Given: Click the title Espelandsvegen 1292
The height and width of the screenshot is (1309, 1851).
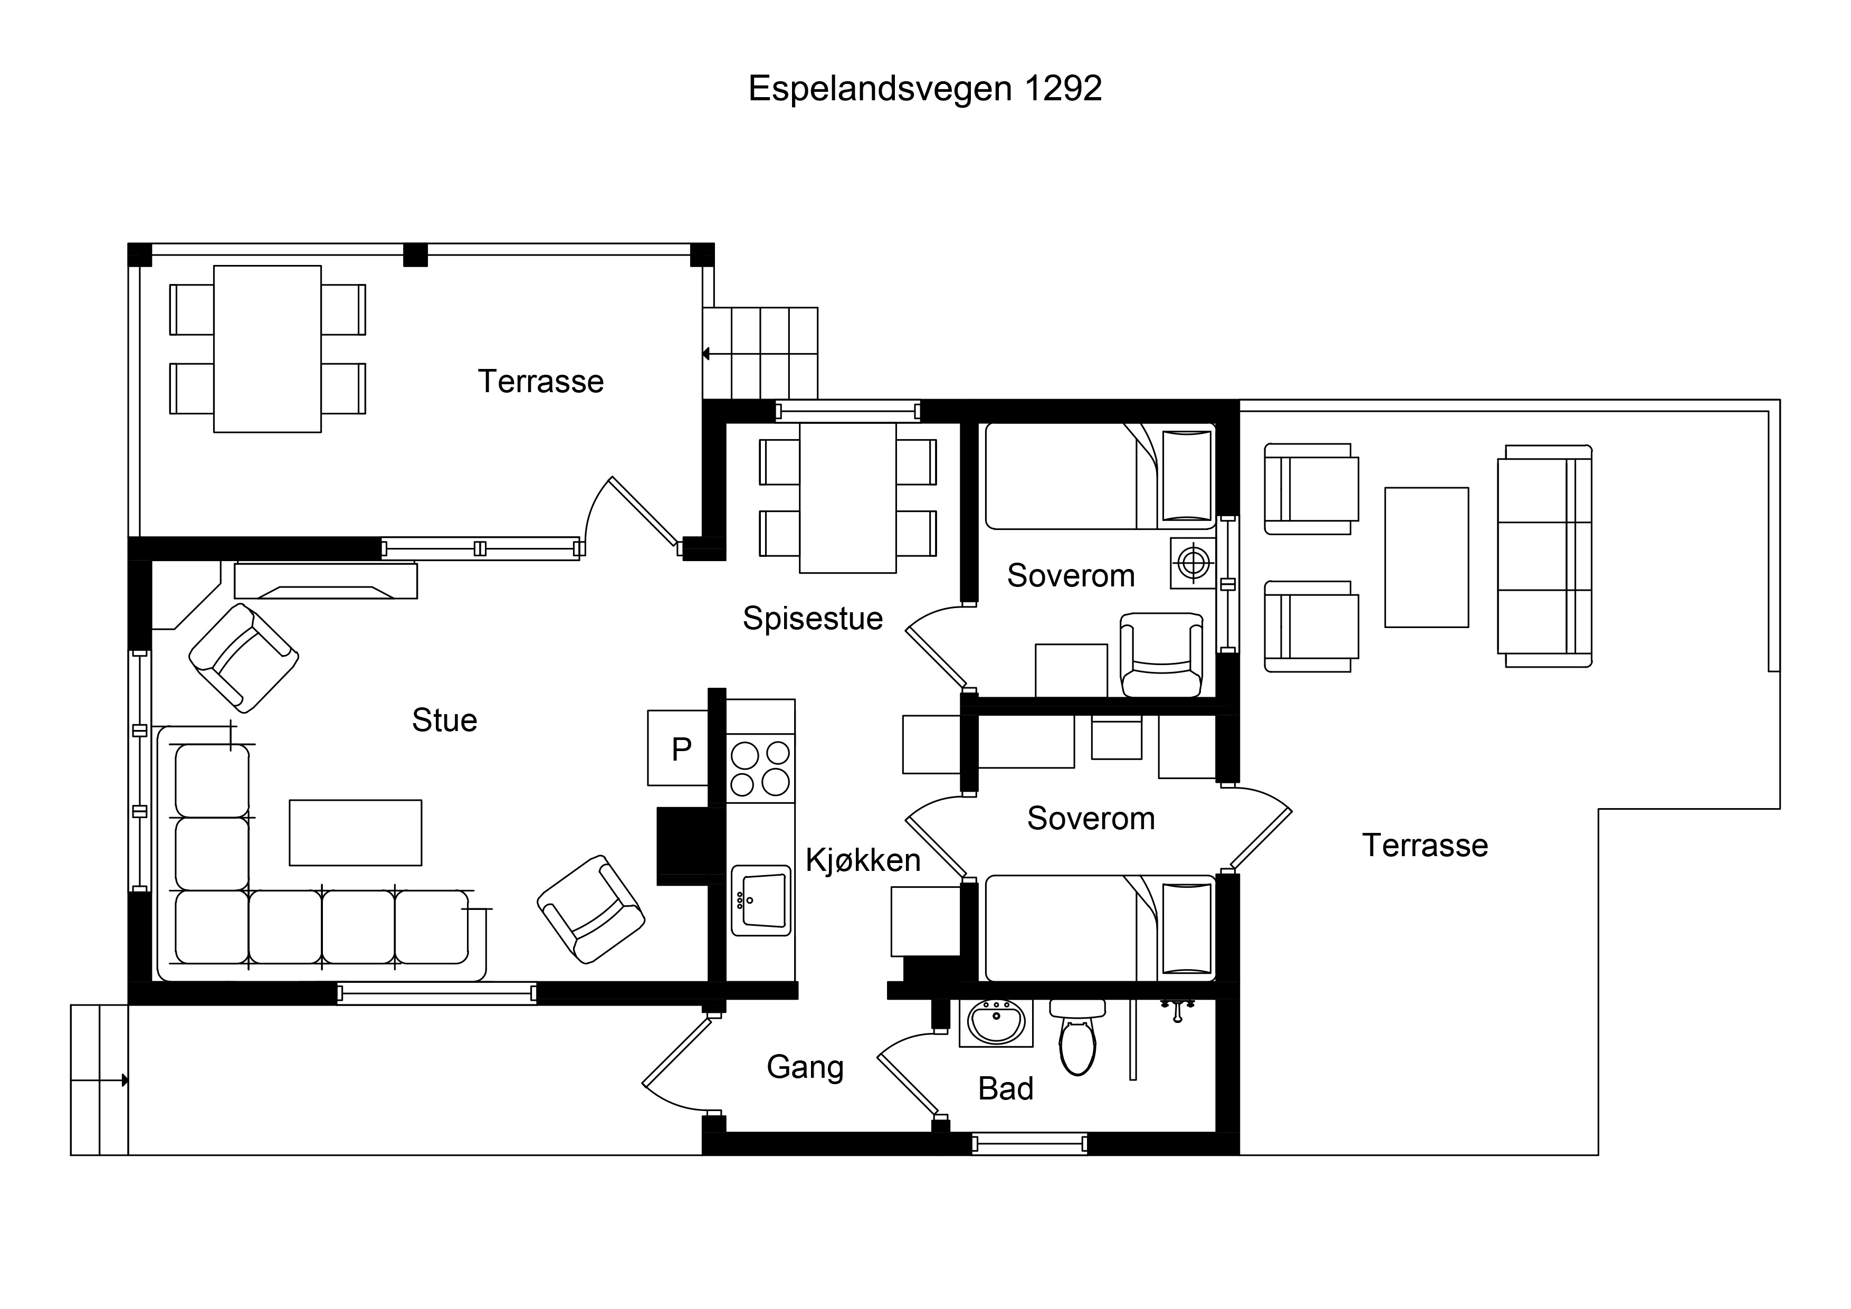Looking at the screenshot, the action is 924,89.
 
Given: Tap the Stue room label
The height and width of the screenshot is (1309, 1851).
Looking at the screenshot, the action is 444,720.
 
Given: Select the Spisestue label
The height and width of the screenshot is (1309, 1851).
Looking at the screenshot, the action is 813,619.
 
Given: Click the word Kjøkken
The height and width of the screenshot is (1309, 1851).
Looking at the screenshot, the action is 863,860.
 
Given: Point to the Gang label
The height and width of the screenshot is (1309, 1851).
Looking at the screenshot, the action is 805,1067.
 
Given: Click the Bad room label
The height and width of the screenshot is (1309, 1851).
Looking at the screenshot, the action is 1005,1089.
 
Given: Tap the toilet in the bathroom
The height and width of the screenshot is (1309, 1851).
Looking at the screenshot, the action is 1077,1038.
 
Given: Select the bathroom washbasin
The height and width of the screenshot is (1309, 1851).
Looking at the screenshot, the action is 996,1023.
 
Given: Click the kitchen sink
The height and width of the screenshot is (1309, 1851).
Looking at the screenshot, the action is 760,900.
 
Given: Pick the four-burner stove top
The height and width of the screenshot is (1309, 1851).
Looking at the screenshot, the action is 760,768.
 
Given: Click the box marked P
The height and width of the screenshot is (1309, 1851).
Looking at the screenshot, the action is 678,747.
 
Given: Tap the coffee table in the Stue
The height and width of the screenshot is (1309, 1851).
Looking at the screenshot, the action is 356,833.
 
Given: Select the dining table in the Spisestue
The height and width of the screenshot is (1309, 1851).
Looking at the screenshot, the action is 848,498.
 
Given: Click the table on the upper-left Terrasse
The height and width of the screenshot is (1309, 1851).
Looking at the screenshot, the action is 268,349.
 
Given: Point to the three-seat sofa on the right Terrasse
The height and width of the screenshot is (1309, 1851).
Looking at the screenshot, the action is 1544,556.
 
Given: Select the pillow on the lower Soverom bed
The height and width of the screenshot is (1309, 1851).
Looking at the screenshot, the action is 1187,928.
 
